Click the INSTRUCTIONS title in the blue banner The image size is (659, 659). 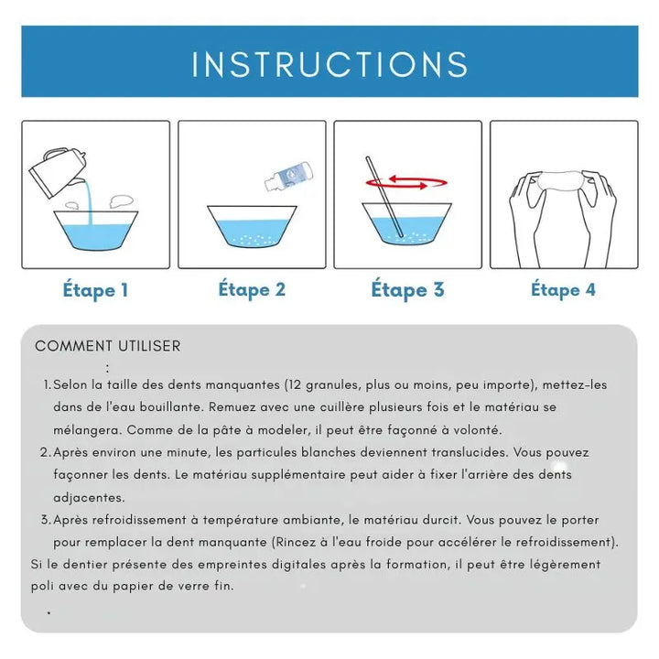click(329, 64)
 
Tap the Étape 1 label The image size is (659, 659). click(95, 291)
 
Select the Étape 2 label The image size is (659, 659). click(252, 290)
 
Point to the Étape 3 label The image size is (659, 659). click(407, 290)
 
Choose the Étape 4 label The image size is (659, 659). click(563, 290)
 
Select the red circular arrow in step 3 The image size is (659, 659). click(407, 183)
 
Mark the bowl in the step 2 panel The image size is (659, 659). click(252, 226)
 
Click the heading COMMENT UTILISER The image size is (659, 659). click(108, 346)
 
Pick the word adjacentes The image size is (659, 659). click(89, 497)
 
